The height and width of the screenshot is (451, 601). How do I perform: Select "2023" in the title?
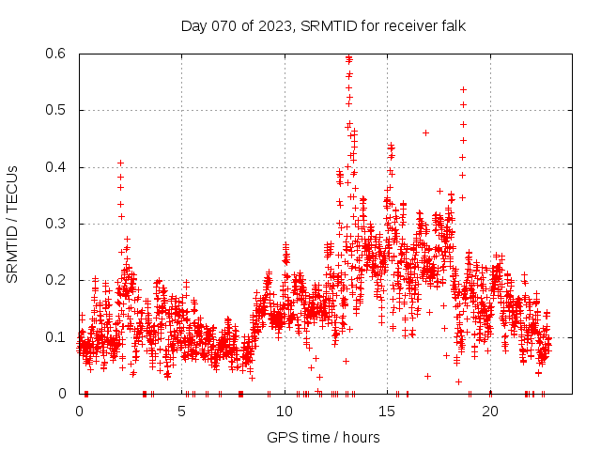(273, 25)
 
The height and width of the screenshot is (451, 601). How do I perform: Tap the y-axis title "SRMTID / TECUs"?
(13, 224)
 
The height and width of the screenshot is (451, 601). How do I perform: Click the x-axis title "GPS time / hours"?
(323, 437)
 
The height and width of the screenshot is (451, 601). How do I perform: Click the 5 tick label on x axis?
(182, 411)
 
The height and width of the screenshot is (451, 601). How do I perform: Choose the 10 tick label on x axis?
(285, 411)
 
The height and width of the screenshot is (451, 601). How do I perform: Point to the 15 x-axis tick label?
(387, 411)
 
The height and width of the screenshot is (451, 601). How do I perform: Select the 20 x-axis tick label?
(489, 411)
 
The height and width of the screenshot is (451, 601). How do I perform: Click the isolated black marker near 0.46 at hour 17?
(425, 132)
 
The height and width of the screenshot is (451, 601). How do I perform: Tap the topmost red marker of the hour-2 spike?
(120, 163)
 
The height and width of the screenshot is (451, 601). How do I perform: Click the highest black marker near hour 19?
(463, 89)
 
